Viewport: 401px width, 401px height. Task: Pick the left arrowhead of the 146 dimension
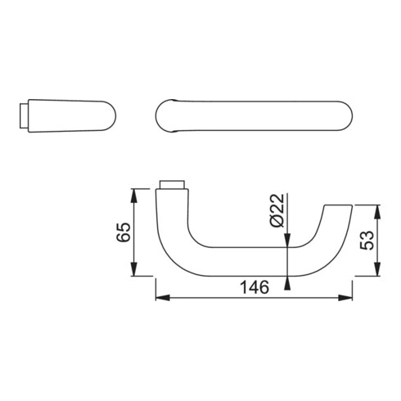tap(160, 296)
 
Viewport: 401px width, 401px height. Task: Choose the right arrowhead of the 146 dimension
tap(349, 296)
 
